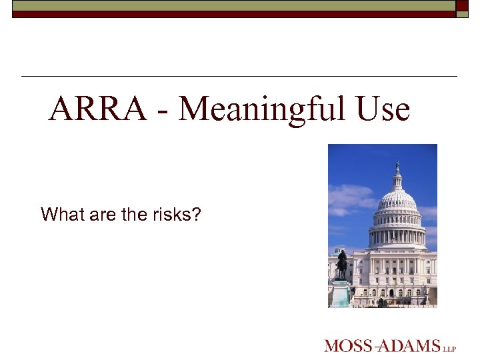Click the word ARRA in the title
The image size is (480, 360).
pyautogui.click(x=97, y=109)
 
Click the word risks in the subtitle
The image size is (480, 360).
pyautogui.click(x=178, y=215)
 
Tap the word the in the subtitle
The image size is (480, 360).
pyautogui.click(x=135, y=215)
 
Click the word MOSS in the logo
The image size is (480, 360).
pyautogui.click(x=347, y=345)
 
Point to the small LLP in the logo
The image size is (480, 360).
pyautogui.click(x=450, y=347)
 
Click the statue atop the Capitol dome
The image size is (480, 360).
pyautogui.click(x=397, y=166)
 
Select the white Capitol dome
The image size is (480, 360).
pyautogui.click(x=397, y=199)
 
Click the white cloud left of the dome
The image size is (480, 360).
pyautogui.click(x=350, y=197)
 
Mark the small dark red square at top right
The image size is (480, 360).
pyautogui.click(x=463, y=5)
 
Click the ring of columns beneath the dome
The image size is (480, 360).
pyautogui.click(x=397, y=235)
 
